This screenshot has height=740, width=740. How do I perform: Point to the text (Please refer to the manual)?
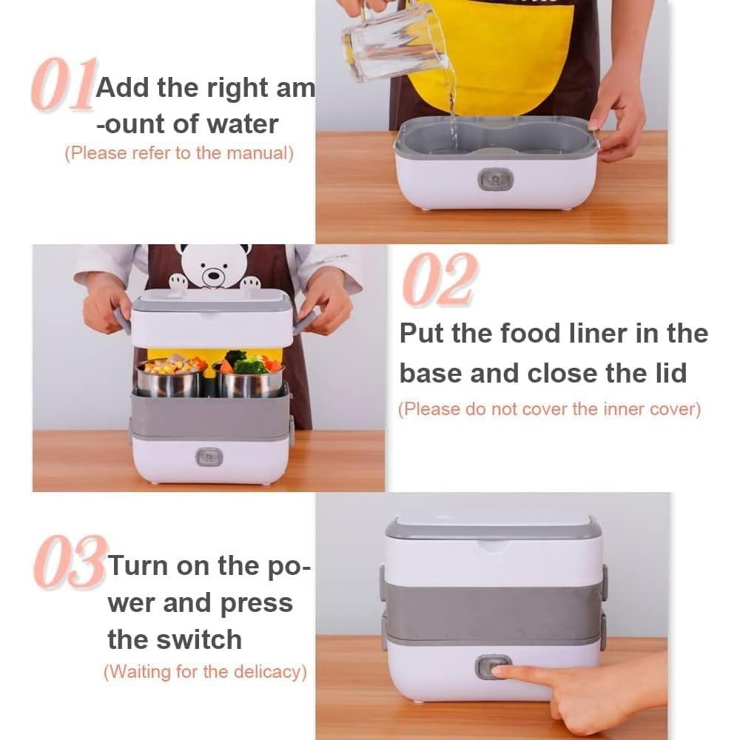click(x=179, y=153)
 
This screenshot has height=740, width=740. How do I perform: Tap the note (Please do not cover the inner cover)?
click(x=549, y=408)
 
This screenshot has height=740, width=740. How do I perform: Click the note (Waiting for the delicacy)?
click(x=205, y=672)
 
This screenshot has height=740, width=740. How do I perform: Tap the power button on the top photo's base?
click(x=495, y=178)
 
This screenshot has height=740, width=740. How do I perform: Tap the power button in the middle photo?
click(x=209, y=457)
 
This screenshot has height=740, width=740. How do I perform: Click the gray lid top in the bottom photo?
click(x=492, y=526)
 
